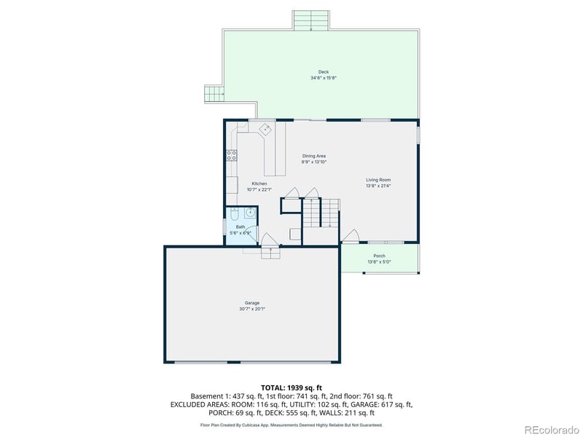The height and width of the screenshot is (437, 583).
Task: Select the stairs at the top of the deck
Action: point(312,20)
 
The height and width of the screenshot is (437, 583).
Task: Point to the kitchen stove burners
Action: point(232,154)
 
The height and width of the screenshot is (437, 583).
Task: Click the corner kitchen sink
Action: point(266,130)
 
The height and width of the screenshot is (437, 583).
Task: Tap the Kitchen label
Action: point(259,184)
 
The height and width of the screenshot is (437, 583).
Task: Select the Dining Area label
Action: point(314,156)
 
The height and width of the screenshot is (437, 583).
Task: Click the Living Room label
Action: point(378,179)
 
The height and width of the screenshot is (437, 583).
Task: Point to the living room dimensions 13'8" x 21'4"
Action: point(378,185)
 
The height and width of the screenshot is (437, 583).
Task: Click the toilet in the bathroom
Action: point(234,214)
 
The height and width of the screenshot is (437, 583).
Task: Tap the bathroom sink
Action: point(250,213)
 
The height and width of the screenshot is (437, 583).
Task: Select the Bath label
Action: point(240,227)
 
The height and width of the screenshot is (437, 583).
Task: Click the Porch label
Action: point(379,256)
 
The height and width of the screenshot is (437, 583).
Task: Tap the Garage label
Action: point(252,303)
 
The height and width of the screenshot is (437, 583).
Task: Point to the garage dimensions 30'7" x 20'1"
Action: point(252,309)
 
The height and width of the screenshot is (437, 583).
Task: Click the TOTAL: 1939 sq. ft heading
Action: point(291,387)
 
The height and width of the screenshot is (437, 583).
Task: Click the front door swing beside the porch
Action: point(351,235)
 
